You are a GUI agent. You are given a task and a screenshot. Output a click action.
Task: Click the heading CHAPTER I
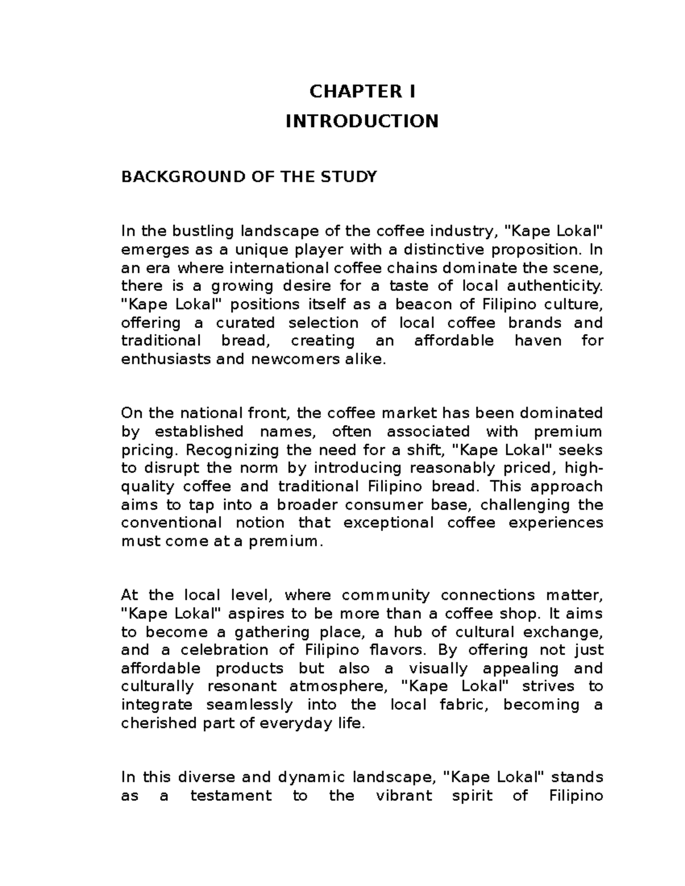coord(362,91)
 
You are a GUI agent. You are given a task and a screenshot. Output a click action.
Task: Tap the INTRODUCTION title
coord(362,121)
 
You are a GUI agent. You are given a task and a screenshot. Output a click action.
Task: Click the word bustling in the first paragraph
coord(203,231)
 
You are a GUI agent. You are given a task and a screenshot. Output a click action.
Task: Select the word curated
coord(245,323)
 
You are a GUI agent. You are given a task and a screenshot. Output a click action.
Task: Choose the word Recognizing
coord(233,450)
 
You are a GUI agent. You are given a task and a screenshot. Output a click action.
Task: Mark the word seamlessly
coord(249,705)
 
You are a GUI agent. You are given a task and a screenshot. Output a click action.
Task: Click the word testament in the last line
coord(231,796)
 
